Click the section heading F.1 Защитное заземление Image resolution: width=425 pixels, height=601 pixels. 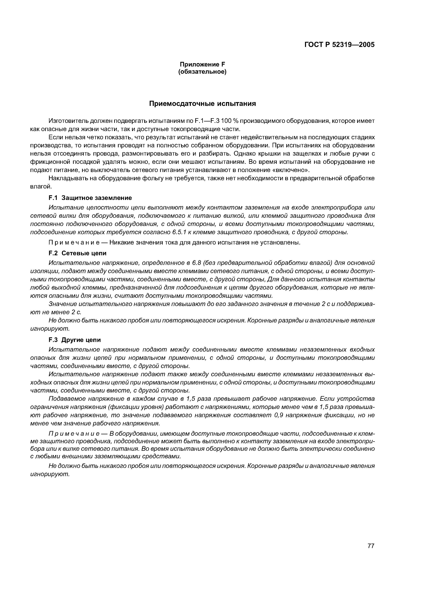click(x=90, y=198)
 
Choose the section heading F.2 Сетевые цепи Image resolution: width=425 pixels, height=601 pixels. click(x=77, y=253)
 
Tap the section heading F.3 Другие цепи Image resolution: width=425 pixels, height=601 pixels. click(x=75, y=340)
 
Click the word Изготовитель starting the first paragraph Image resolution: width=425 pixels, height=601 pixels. click(x=69, y=121)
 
